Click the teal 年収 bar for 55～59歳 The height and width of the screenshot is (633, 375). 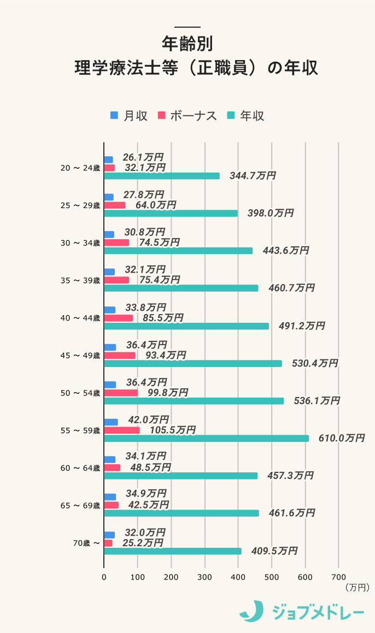pyautogui.click(x=207, y=438)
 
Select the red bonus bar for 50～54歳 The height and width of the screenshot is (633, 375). pyautogui.click(x=121, y=393)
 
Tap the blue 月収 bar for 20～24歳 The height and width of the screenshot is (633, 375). pyautogui.click(x=108, y=159)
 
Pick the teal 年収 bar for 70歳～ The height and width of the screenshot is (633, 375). pyautogui.click(x=173, y=551)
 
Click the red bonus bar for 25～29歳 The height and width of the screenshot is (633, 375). pyautogui.click(x=115, y=205)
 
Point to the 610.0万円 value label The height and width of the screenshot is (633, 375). pyautogui.click(x=342, y=439)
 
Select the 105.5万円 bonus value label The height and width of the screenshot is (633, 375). pyautogui.click(x=173, y=430)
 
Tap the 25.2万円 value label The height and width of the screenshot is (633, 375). pyautogui.click(x=142, y=543)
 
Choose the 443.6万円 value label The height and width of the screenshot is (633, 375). pyautogui.click(x=285, y=251)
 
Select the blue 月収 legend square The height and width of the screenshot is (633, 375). pyautogui.click(x=114, y=116)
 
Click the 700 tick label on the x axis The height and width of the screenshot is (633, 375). pyautogui.click(x=338, y=577)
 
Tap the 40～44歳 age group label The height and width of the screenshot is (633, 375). pyautogui.click(x=80, y=318)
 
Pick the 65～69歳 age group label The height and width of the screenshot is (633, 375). pyautogui.click(x=80, y=506)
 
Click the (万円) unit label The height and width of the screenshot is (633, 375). pyautogui.click(x=358, y=588)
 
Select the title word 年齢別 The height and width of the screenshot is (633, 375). pyautogui.click(x=187, y=44)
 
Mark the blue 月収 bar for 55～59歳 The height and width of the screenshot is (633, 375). pyautogui.click(x=111, y=422)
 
